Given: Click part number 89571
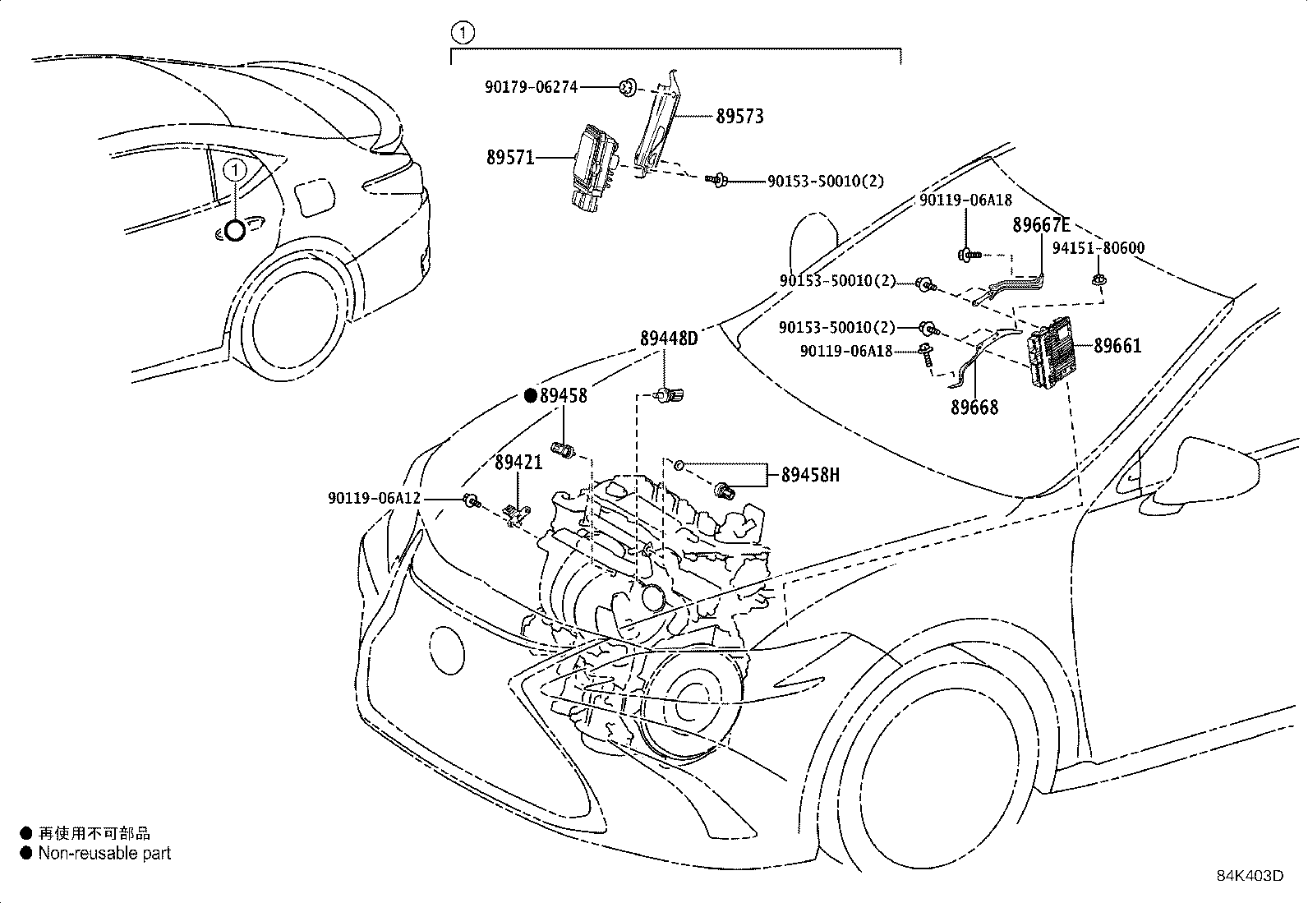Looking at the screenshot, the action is click(x=510, y=158).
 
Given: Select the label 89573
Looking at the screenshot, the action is click(x=739, y=117).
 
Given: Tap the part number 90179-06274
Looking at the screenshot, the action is click(x=531, y=88).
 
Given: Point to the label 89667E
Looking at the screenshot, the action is click(x=1041, y=225).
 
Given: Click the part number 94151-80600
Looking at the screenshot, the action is click(x=1098, y=248).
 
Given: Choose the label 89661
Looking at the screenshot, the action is click(x=1117, y=346).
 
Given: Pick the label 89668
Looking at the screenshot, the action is click(x=974, y=407).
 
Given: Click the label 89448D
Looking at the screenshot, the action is click(x=669, y=339).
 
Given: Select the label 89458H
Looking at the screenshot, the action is click(x=810, y=476).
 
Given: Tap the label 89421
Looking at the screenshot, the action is click(x=518, y=463).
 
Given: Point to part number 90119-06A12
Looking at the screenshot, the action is click(x=375, y=498).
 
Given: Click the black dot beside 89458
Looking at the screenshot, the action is click(x=530, y=396).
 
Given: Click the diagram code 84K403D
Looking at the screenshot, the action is click(x=1250, y=876).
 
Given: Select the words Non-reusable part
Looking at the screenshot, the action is click(x=104, y=854).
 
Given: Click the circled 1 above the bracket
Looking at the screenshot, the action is click(x=463, y=33).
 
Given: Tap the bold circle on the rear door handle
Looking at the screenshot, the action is click(x=235, y=231).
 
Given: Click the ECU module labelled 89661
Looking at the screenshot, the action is click(x=1050, y=352).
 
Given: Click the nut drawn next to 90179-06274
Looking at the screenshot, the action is click(x=628, y=88).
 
